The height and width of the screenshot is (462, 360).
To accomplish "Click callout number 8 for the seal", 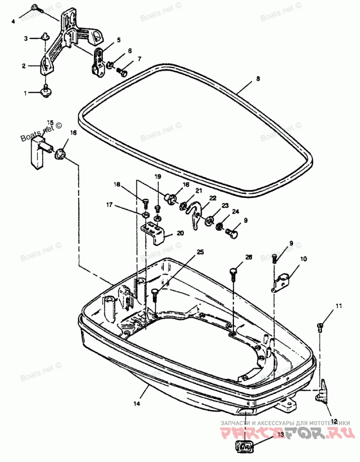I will tap(258, 79).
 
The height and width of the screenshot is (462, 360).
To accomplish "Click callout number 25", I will tap(200, 252).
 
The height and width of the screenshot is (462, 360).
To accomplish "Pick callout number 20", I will tap(180, 233).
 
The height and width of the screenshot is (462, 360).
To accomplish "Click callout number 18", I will tap(117, 184).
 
